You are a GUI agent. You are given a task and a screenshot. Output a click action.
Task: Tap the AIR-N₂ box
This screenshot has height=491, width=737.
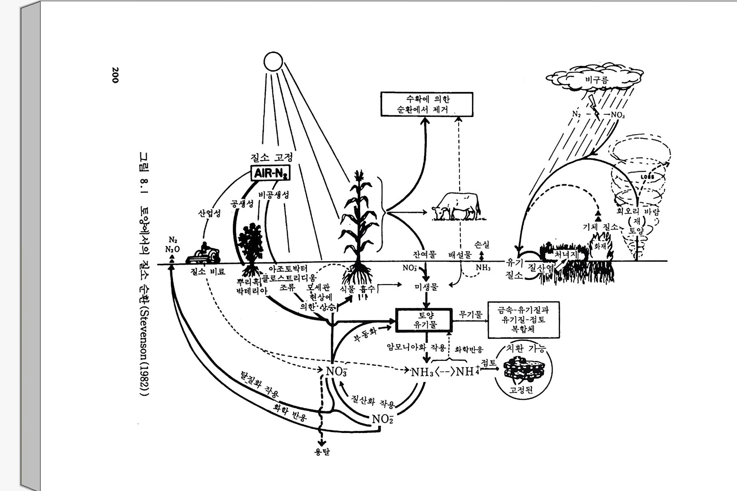click(x=270, y=173)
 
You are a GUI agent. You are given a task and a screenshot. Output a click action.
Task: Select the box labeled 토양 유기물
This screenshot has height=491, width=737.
click(x=424, y=320)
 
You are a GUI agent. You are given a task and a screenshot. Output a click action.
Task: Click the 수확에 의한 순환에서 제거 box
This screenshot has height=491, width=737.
click(x=426, y=104)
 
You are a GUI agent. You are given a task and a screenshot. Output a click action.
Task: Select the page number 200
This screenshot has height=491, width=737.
click(x=115, y=75)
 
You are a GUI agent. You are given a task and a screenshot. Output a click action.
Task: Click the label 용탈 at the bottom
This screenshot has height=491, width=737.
click(x=322, y=452)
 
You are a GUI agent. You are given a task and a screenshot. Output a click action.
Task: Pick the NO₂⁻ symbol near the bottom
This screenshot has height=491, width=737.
click(x=382, y=419)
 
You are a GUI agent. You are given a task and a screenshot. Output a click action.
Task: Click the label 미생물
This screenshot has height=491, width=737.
click(x=426, y=287)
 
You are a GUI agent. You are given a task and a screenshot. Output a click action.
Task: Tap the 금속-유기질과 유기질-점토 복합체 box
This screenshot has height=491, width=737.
click(x=524, y=320)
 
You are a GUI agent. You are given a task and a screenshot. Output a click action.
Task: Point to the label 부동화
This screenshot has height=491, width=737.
click(x=365, y=337)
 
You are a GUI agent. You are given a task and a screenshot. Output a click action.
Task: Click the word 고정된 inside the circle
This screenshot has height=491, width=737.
click(x=521, y=390)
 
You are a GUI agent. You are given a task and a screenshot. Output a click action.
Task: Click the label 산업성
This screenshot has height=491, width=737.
click(x=209, y=213)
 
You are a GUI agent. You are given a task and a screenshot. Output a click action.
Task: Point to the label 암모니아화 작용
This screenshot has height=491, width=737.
click(x=416, y=347)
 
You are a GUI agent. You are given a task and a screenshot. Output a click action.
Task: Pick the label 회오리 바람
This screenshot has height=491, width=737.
click(x=638, y=212)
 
